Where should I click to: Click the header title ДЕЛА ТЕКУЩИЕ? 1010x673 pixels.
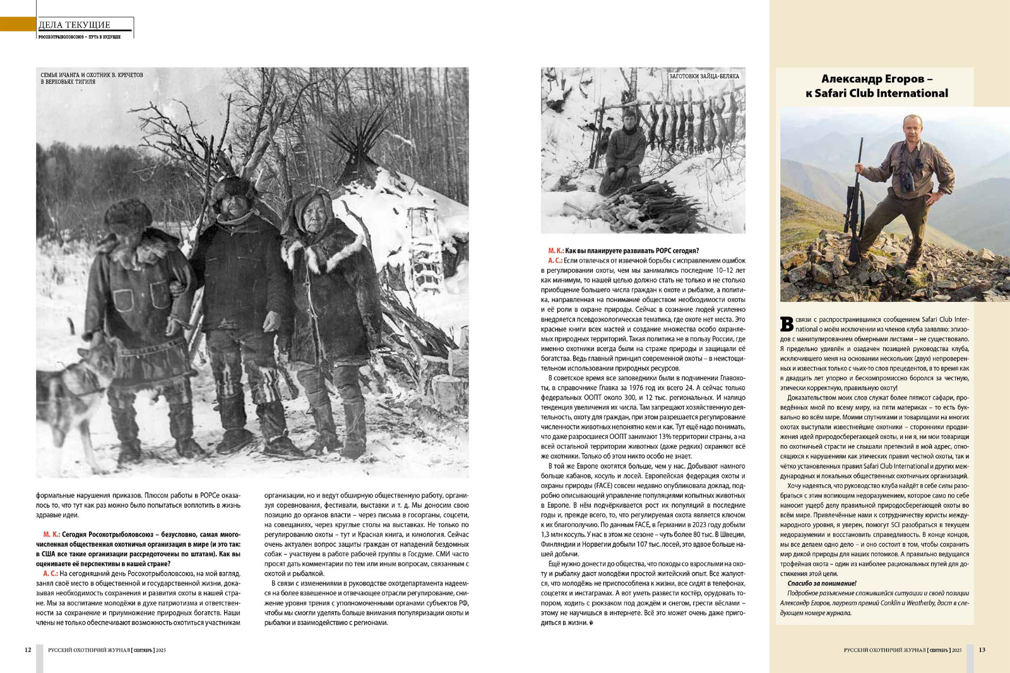[x=74, y=25]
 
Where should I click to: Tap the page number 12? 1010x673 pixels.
[x=28, y=650]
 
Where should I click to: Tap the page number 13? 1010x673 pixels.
[x=982, y=650]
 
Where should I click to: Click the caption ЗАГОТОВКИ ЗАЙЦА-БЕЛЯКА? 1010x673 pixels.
[x=704, y=76]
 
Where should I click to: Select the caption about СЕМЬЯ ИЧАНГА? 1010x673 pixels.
[x=92, y=78]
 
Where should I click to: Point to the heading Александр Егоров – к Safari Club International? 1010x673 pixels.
[x=877, y=86]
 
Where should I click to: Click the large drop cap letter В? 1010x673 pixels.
[x=787, y=324]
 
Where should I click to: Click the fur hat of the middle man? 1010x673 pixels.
[x=234, y=187]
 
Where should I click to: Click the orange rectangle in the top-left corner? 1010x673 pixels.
[x=18, y=24]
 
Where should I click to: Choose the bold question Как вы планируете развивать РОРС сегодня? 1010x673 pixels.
[x=631, y=251]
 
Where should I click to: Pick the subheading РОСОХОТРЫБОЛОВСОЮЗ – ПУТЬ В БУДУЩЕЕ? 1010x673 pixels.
[x=80, y=37]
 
